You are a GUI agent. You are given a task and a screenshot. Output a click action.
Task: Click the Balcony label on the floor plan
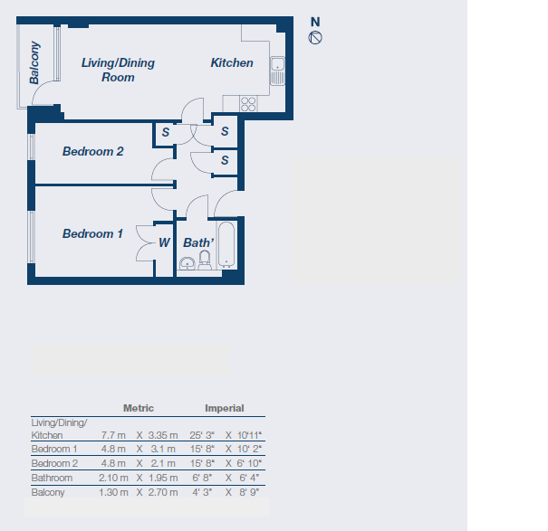[35, 63]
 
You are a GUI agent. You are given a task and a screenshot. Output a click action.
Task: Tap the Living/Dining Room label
[118, 70]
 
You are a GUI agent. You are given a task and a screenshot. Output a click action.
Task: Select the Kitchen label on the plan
[232, 62]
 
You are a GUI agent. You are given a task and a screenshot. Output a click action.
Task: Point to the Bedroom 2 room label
[92, 151]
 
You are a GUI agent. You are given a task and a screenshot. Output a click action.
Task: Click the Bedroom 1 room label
[92, 233]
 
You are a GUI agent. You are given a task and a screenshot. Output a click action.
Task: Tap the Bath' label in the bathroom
[198, 242]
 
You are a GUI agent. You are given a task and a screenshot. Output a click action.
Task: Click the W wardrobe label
[164, 242]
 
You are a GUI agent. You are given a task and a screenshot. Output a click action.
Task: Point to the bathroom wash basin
[187, 263]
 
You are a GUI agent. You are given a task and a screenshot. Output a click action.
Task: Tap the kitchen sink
[278, 70]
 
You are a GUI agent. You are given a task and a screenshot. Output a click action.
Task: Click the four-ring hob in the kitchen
[248, 104]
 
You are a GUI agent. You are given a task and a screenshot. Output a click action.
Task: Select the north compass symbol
[315, 37]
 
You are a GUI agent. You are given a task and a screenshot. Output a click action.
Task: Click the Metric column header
[138, 408]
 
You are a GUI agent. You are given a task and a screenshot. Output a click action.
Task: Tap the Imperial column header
[224, 408]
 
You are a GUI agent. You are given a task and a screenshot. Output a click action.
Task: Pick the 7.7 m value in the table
[112, 435]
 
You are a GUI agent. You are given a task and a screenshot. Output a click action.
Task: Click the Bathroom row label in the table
[52, 477]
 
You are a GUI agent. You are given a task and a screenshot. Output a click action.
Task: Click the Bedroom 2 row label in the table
[54, 463]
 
